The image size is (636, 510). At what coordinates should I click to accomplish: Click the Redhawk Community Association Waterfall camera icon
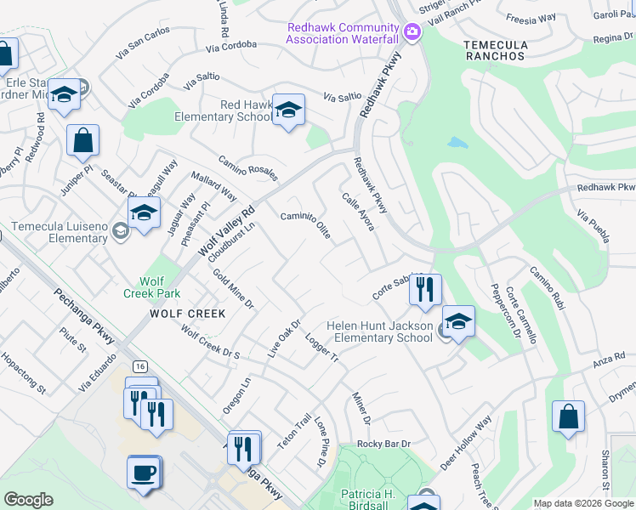pyautogui.click(x=412, y=32)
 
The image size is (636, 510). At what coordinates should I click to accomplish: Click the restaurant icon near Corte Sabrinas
pyautogui.click(x=425, y=290)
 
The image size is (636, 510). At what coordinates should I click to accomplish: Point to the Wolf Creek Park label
pyautogui.click(x=151, y=287)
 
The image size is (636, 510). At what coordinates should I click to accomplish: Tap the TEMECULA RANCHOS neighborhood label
pyautogui.click(x=496, y=49)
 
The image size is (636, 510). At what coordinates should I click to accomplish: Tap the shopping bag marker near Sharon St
pyautogui.click(x=568, y=418)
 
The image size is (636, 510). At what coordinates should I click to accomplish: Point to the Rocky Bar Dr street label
pyautogui.click(x=383, y=444)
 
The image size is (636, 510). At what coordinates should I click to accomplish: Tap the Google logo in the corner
pyautogui.click(x=28, y=500)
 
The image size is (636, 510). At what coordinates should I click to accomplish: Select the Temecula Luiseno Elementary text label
pyautogui.click(x=60, y=232)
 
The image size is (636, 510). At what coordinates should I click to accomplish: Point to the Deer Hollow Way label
pyautogui.click(x=467, y=442)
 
